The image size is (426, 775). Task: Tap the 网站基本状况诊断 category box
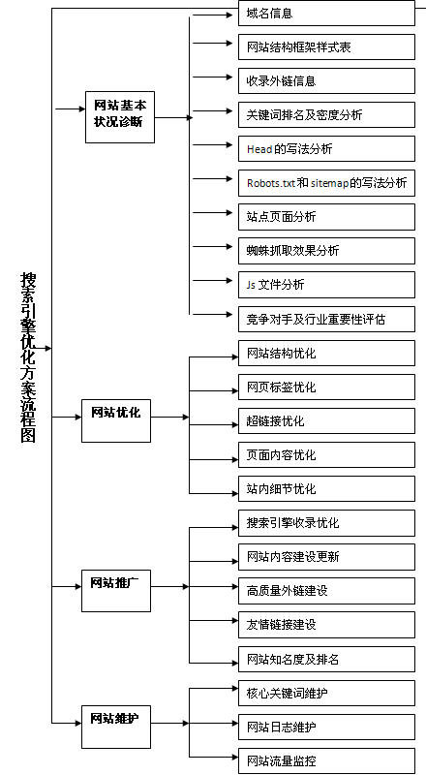pyautogui.click(x=119, y=114)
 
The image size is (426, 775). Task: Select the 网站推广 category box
pyautogui.click(x=116, y=585)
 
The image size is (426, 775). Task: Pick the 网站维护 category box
pyautogui.click(x=116, y=721)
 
